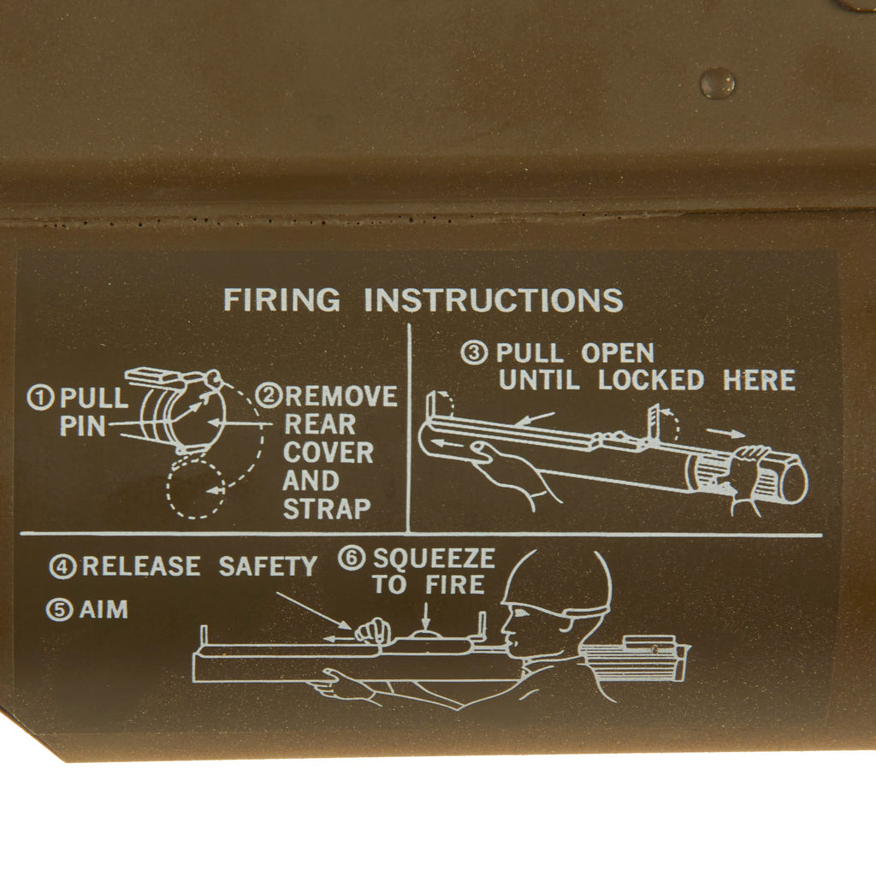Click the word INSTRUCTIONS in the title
tap(493, 301)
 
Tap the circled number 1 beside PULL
tap(40, 398)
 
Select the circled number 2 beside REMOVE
tap(270, 396)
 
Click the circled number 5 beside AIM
tap(59, 611)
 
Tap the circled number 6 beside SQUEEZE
tap(351, 559)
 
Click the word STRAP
tap(327, 509)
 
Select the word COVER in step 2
tap(328, 453)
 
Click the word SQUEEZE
tap(434, 559)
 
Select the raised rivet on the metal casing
tap(717, 82)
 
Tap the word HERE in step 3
tap(759, 381)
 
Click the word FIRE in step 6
tap(454, 586)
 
